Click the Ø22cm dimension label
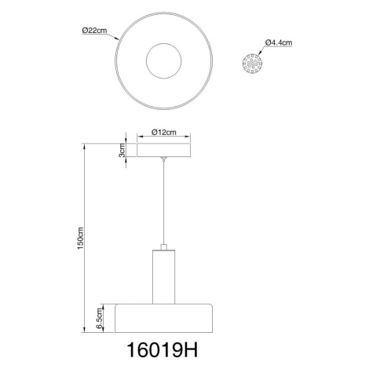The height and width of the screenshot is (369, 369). point(94,31)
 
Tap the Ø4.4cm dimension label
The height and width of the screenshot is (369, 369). point(279,42)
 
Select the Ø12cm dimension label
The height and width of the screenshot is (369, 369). point(164,132)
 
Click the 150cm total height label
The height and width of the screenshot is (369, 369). point(80,238)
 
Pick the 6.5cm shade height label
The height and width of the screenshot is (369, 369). point(99,318)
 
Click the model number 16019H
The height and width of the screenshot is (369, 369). point(163,350)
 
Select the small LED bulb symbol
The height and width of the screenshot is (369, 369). point(252,64)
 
